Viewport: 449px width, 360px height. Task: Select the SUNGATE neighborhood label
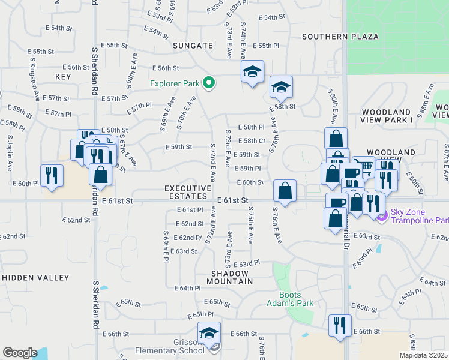point(193,45)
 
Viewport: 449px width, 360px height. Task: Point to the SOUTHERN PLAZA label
point(340,37)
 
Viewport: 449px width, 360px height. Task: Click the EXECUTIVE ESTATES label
point(188,193)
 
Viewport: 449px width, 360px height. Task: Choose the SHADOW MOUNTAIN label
point(231,277)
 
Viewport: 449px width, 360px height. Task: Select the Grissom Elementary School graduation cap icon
point(209,333)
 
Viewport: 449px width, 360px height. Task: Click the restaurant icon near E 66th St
point(340,326)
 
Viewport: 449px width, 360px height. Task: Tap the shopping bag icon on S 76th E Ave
point(285,191)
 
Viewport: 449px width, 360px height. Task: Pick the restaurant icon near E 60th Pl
point(52,175)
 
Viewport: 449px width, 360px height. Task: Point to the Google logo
point(19,353)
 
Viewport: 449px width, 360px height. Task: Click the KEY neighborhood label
point(63,77)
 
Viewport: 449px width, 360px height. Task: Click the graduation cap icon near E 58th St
point(280,88)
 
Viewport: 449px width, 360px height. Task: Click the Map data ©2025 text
point(423,355)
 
